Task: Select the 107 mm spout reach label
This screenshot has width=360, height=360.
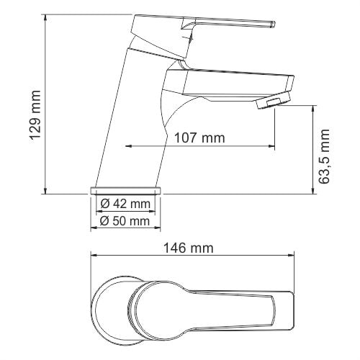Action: tap(199, 137)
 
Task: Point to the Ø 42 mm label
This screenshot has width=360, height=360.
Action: tap(125, 203)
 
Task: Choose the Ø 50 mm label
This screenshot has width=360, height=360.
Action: tap(125, 221)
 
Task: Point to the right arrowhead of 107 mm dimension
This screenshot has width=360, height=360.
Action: tap(271, 147)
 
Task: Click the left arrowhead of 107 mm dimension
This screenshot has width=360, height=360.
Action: tap(130, 147)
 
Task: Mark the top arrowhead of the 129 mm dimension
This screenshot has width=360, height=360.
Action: tap(46, 14)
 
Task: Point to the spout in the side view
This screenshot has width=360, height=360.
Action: tap(230, 83)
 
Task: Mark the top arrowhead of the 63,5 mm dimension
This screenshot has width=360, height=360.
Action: tap(313, 109)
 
